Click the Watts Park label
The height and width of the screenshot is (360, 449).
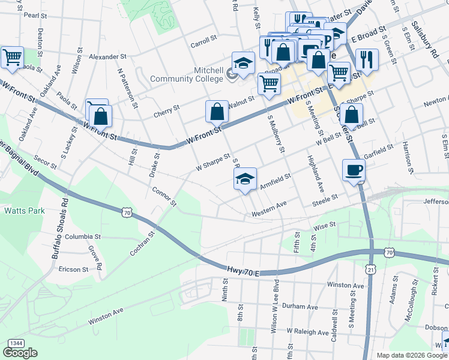(20, 211)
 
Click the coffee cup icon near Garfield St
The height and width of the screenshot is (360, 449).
(354, 170)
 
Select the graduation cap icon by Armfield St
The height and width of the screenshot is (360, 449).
(245, 179)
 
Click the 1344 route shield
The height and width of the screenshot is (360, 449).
(16, 343)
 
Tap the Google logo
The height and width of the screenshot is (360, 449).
(20, 353)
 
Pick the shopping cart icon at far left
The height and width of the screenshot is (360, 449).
(12, 58)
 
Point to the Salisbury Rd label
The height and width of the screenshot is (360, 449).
(426, 38)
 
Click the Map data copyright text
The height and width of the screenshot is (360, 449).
(411, 355)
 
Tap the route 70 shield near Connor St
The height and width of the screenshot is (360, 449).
(126, 212)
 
